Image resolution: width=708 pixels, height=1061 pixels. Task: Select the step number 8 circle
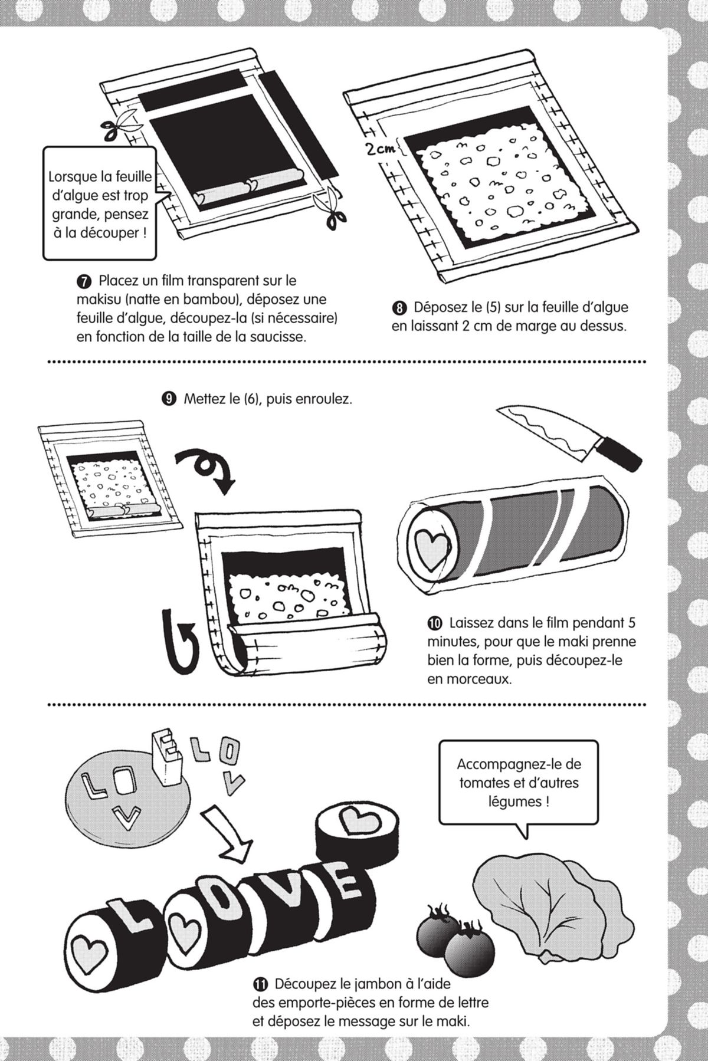pyautogui.click(x=400, y=308)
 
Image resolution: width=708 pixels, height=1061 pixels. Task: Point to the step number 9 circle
pyautogui.click(x=169, y=399)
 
